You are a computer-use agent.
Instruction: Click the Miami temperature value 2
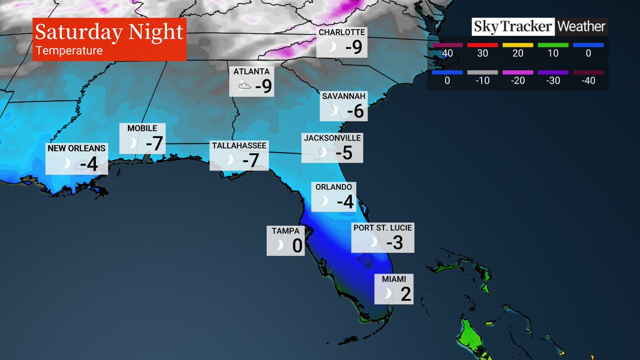406,294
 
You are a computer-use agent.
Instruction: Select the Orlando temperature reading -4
345,202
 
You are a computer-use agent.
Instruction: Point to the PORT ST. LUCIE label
382,228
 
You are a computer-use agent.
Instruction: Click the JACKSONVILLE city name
332,138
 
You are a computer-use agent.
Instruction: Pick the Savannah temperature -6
355,111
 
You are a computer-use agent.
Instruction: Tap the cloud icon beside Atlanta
244,86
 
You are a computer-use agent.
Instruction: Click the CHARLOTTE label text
341,33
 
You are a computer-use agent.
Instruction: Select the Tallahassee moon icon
230,160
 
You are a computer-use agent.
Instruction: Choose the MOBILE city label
142,129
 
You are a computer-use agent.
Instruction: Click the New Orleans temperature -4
89,164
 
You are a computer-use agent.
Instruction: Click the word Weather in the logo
582,26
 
